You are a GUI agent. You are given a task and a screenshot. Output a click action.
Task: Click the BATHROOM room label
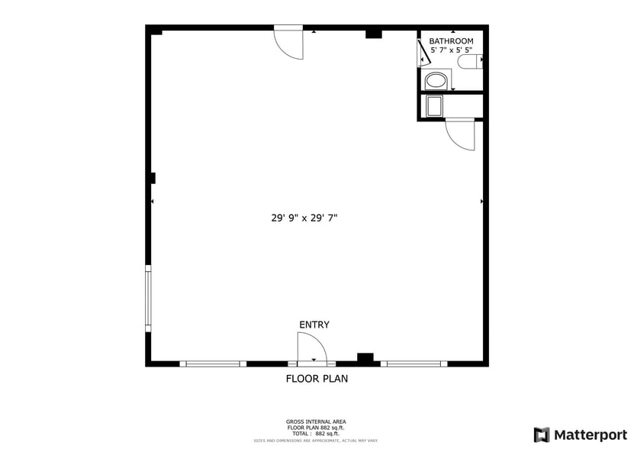click(451, 41)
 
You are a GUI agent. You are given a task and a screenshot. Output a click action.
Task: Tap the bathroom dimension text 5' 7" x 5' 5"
click(451, 50)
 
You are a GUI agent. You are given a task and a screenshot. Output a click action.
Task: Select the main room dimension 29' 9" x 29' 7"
click(304, 218)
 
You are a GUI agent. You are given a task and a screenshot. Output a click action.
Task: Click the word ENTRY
click(314, 325)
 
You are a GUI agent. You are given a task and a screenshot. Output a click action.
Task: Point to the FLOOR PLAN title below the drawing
click(317, 378)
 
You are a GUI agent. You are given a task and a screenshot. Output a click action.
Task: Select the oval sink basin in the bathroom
click(436, 79)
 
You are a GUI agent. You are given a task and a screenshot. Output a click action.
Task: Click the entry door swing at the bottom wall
click(311, 349)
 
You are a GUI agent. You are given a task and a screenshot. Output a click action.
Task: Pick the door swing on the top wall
click(289, 44)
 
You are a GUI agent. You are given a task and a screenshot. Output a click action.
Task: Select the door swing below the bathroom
click(460, 134)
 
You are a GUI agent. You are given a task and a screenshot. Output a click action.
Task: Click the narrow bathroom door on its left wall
click(423, 53)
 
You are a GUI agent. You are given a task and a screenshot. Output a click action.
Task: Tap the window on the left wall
click(148, 298)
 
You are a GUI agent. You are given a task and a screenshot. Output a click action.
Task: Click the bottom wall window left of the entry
click(213, 363)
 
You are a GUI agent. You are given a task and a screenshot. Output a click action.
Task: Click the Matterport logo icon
click(542, 434)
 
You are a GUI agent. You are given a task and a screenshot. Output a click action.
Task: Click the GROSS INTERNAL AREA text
click(316, 422)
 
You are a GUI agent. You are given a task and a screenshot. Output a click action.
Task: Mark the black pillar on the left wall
click(153, 178)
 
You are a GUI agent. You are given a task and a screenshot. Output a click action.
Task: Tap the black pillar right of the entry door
click(365, 357)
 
